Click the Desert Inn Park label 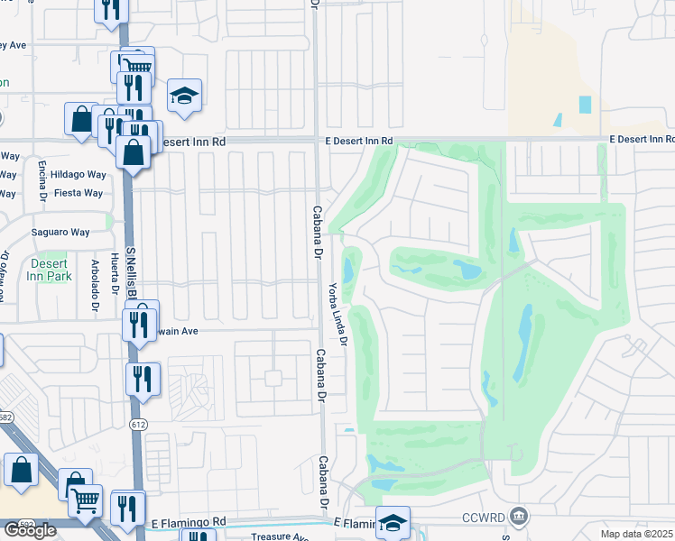tap(50, 270)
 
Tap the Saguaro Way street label tap(62, 232)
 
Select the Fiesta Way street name tap(79, 193)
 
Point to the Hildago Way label tap(79, 175)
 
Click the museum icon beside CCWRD tap(518, 517)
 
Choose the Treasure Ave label tap(280, 536)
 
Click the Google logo tap(29, 530)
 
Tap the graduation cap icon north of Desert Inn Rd tap(184, 96)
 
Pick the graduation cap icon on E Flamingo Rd tap(393, 522)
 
